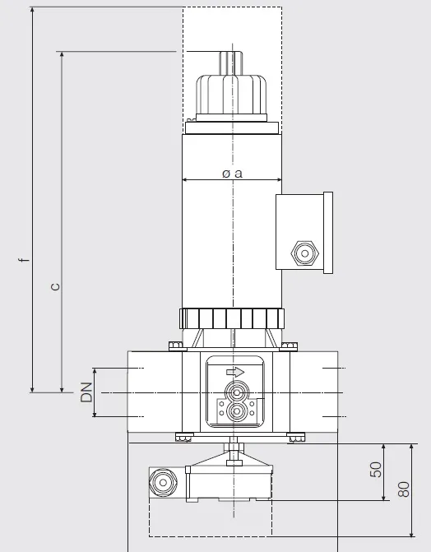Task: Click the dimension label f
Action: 24,260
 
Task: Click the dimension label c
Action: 55,286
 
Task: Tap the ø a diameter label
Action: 233,174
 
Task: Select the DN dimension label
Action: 86,392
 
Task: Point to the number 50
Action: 376,469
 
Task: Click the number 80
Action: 404,489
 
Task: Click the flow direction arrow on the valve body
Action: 235,372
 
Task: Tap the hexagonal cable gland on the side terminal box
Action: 304,253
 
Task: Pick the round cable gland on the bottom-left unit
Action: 163,482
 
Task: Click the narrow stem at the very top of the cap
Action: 231,63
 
